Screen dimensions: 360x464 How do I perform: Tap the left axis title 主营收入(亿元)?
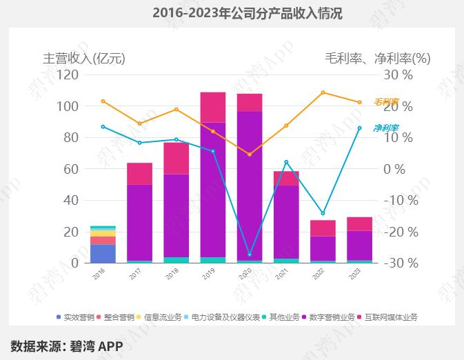(x=84, y=59)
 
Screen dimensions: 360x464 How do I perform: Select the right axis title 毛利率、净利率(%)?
(x=377, y=59)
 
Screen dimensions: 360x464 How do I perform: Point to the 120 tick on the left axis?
(x=68, y=74)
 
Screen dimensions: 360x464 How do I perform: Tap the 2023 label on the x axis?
(x=354, y=274)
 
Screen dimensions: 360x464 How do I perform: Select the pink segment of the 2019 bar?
(x=213, y=107)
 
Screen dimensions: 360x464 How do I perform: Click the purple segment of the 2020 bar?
(x=250, y=186)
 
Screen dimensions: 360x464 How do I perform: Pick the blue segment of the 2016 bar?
(x=103, y=253)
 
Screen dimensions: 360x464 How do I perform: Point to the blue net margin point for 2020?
(x=250, y=254)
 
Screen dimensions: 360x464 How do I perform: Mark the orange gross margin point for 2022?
(x=323, y=92)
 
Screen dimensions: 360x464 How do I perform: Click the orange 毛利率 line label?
(x=386, y=101)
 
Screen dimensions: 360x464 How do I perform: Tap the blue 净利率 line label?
(x=386, y=128)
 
